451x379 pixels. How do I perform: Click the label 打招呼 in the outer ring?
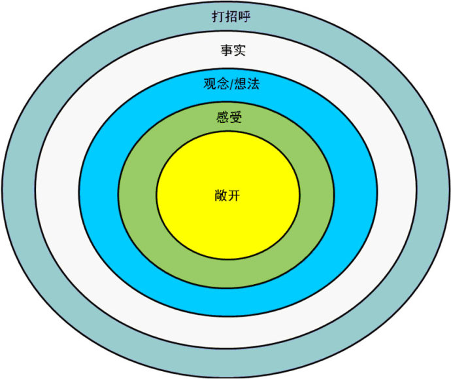[x=231, y=16]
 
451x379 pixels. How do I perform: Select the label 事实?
[x=233, y=50]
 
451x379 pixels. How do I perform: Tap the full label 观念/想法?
[x=231, y=84]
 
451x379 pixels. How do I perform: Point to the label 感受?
[x=229, y=117]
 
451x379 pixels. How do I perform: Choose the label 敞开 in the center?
[x=227, y=196]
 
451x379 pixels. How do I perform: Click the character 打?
[x=218, y=16]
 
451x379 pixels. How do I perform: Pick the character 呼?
[x=244, y=16]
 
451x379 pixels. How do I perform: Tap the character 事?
[x=227, y=50]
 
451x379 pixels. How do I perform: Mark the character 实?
[x=240, y=50]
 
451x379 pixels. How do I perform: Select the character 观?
[x=210, y=84]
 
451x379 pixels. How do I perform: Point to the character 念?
[x=223, y=84]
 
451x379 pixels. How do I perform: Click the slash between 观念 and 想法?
[x=231, y=84]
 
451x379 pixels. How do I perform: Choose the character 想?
[x=241, y=84]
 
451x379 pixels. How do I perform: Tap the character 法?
[x=254, y=84]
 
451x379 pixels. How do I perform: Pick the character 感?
[x=223, y=117]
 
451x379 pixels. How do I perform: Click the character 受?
[x=236, y=117]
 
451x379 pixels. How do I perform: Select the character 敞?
[x=221, y=196]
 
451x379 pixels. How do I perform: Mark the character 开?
[x=234, y=196]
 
